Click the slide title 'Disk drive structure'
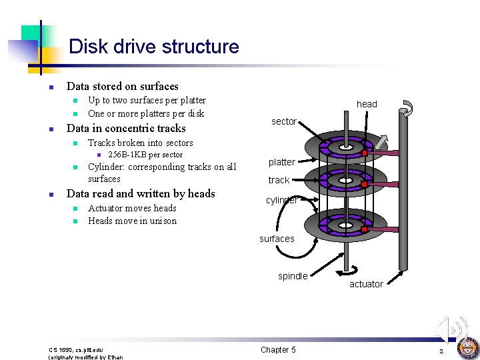pos(153,47)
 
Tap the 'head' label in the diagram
pos(367,104)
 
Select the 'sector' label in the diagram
pos(283,121)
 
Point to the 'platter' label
pos(281,162)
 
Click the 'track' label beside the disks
pos(279,180)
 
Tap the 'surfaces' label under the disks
pos(277,239)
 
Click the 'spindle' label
pos(293,276)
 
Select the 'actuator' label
pos(367,284)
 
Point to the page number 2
pos(441,351)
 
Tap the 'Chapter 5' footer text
pos(278,350)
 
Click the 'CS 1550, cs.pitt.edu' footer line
pos(76,349)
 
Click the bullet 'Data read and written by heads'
pos(141,194)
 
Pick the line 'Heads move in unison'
pos(132,221)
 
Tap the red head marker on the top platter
pos(365,154)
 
